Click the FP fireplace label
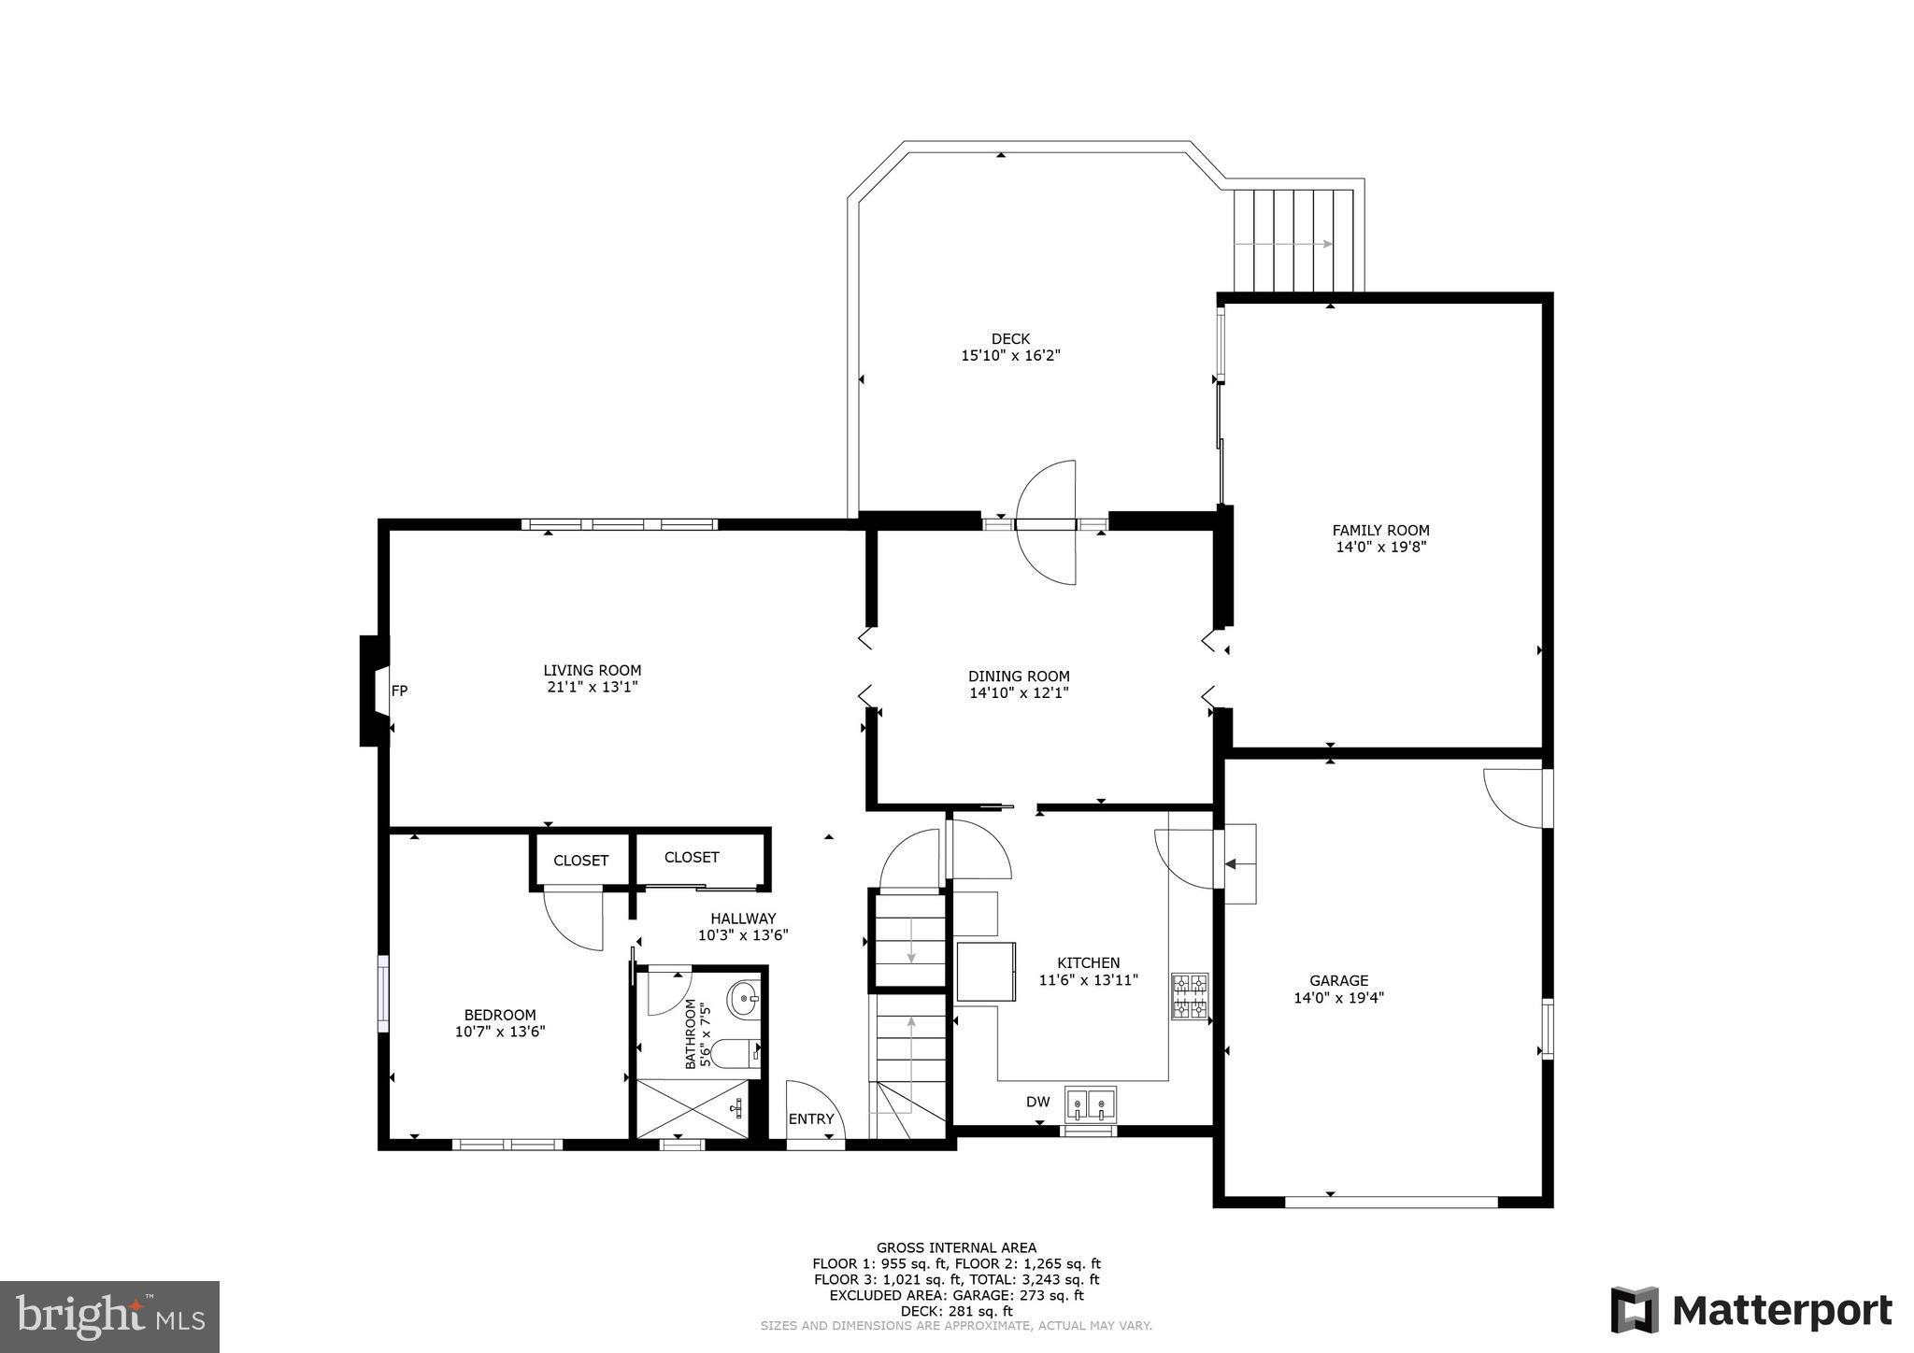pyautogui.click(x=399, y=691)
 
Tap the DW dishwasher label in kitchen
pyautogui.click(x=1038, y=1102)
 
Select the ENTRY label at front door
pyautogui.click(x=810, y=1119)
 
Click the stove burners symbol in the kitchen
pyautogui.click(x=1190, y=996)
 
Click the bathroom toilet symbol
pyautogui.click(x=736, y=1053)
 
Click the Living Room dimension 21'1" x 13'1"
pyautogui.click(x=593, y=687)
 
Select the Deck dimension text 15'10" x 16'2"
pyautogui.click(x=1010, y=356)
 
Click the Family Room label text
pyautogui.click(x=1380, y=531)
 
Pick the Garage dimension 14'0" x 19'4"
pyautogui.click(x=1338, y=998)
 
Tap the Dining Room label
pyautogui.click(x=1019, y=676)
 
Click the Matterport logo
pyautogui.click(x=1751, y=1310)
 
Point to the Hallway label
pyautogui.click(x=743, y=919)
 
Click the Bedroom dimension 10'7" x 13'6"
pyautogui.click(x=500, y=1032)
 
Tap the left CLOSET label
pyautogui.click(x=580, y=861)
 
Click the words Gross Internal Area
pyautogui.click(x=956, y=1247)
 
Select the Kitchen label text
pyautogui.click(x=1088, y=963)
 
